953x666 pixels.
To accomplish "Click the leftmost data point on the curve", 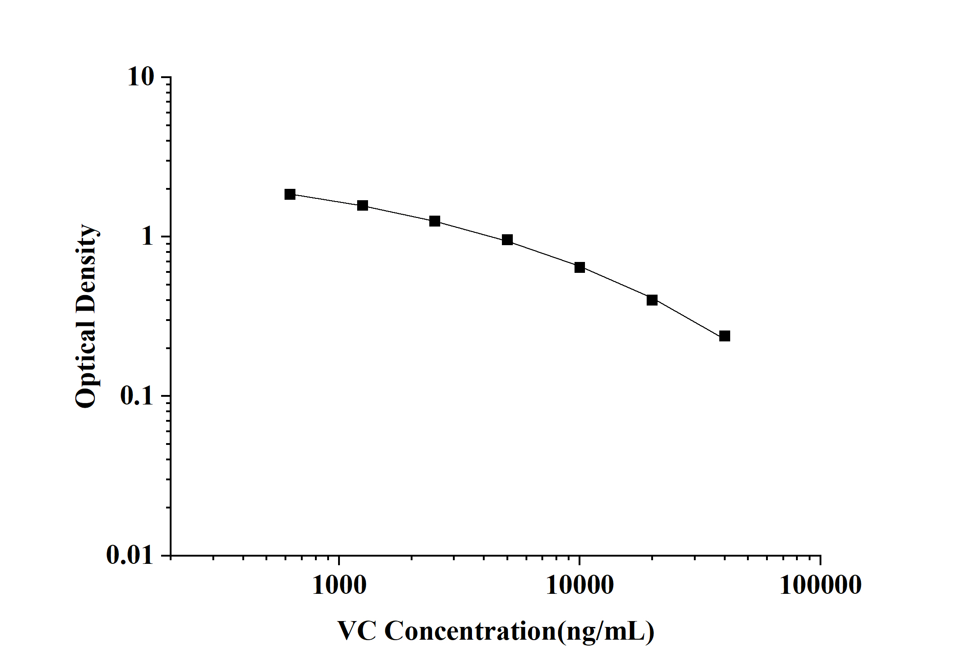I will point(290,194).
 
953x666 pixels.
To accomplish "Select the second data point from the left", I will point(362,206).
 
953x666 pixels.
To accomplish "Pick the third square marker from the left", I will point(435,221).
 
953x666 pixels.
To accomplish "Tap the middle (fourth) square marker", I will point(507,240).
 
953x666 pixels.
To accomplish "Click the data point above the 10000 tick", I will point(580,267).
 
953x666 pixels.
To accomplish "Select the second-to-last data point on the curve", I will point(652,300).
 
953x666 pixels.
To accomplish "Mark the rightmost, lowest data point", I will point(725,336).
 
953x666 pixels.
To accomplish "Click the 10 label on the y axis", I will point(141,77).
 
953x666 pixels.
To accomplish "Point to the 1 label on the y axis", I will point(147,237).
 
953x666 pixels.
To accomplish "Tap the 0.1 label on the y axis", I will point(137,396).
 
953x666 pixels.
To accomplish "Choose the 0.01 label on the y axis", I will point(130,555).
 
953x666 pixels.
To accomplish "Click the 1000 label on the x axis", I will point(339,585).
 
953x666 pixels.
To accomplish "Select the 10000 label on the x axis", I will point(580,585).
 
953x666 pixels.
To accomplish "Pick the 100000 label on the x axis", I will point(820,585).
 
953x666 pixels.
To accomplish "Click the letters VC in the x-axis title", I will point(357,631).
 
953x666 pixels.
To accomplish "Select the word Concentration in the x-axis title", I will point(470,631).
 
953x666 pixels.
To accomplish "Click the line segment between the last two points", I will point(688,318).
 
